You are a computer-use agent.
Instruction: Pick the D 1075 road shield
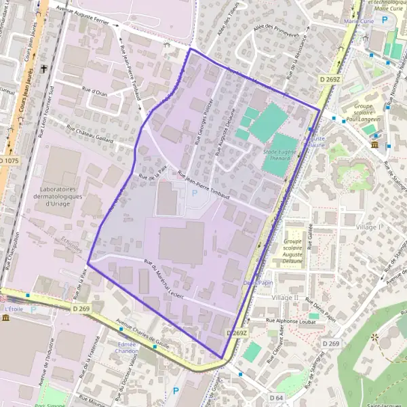click(10, 160)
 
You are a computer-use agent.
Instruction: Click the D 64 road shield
click(276, 398)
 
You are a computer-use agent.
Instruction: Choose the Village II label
click(285, 298)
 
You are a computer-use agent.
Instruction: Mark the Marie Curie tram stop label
click(360, 21)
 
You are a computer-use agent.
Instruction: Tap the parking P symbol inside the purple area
click(195, 193)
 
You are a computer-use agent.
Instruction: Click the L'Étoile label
click(14, 309)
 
